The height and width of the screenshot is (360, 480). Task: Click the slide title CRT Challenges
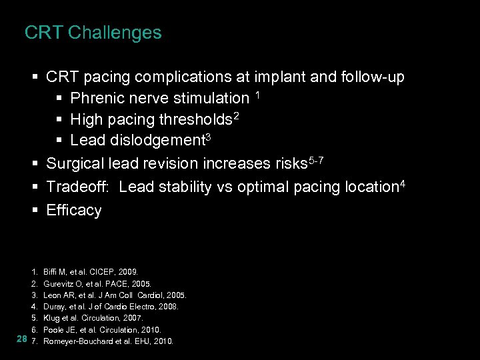pyautogui.click(x=93, y=33)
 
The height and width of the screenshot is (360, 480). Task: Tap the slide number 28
pyautogui.click(x=21, y=340)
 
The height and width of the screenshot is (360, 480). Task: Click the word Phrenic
pyautogui.click(x=95, y=99)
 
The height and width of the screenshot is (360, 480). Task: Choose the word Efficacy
pyautogui.click(x=74, y=211)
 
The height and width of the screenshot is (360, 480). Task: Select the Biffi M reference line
pyautogui.click(x=90, y=272)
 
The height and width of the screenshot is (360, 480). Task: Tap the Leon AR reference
pyautogui.click(x=114, y=295)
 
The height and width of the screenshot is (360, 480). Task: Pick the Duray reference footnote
pyautogui.click(x=110, y=307)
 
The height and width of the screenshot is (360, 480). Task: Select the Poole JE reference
pyautogui.click(x=102, y=329)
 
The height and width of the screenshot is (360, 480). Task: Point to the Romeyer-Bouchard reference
pyautogui.click(x=108, y=341)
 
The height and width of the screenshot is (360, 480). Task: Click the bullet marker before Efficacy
pyautogui.click(x=35, y=211)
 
